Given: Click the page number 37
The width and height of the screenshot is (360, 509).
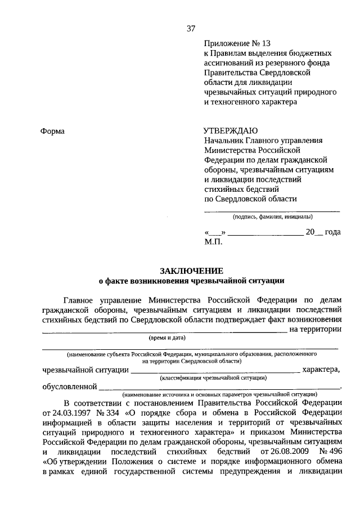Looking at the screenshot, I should click(x=191, y=28).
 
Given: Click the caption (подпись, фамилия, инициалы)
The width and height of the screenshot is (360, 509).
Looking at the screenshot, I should click(x=273, y=217).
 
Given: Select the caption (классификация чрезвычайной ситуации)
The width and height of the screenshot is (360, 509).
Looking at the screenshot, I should click(x=214, y=379).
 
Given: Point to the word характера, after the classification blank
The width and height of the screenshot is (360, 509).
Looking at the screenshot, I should click(x=321, y=370).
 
